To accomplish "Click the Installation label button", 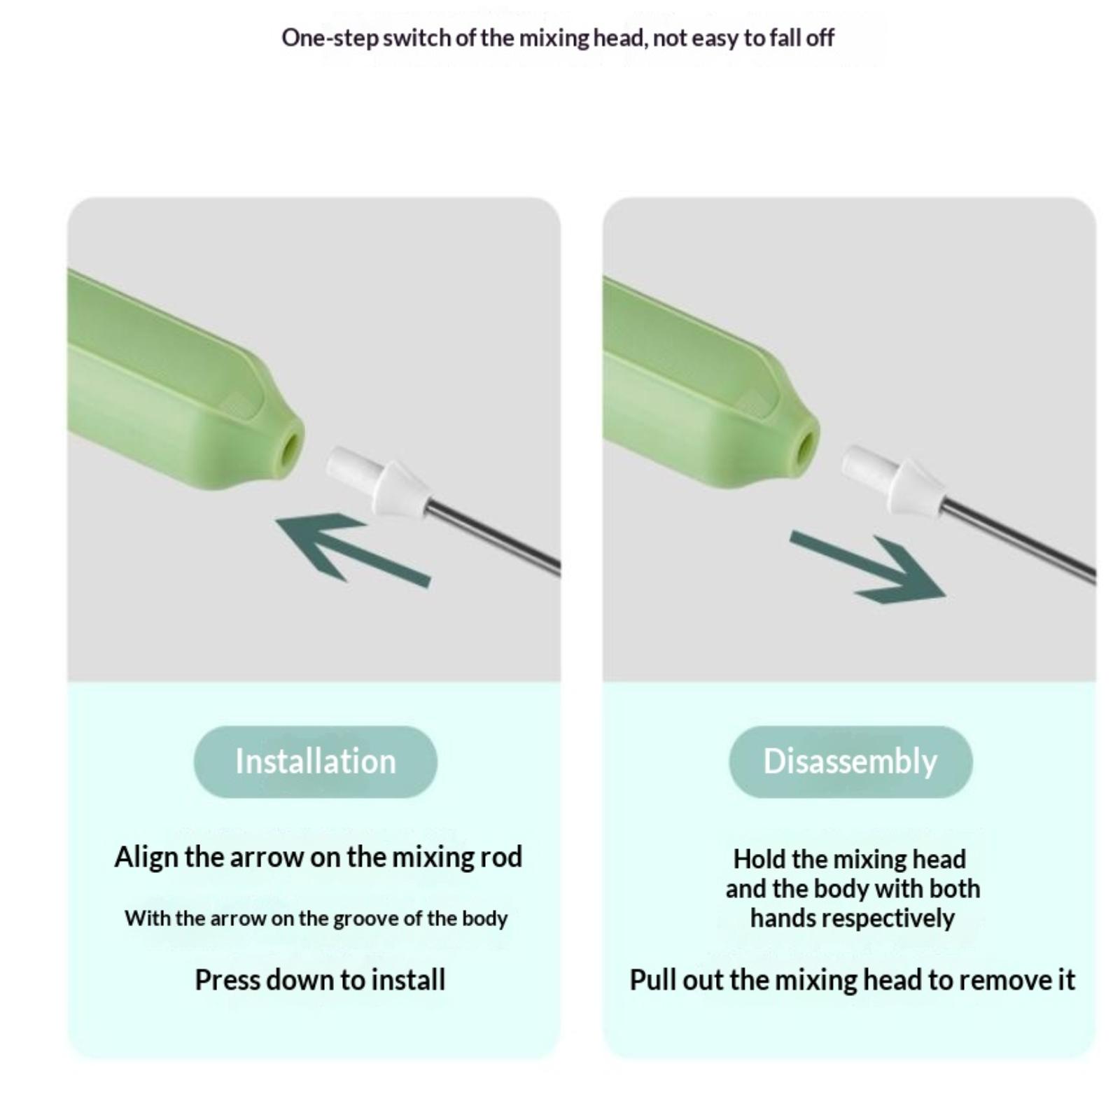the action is (315, 762).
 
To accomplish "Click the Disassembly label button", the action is (850, 762).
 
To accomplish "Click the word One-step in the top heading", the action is (330, 38).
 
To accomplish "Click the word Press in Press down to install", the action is (223, 980).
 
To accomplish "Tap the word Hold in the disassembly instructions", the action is (759, 859).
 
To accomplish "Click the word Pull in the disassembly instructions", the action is (653, 980).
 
